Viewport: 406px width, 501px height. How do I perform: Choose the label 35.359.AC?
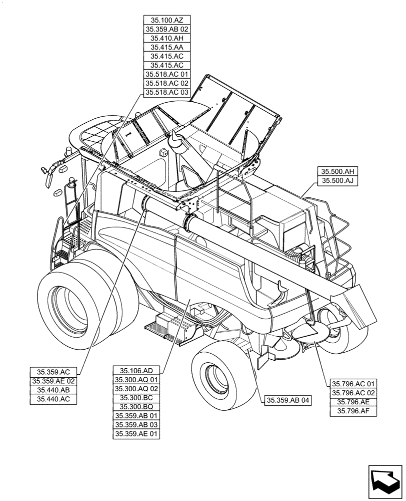pyautogui.click(x=53, y=372)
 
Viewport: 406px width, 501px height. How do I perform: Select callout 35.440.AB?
pyautogui.click(x=53, y=390)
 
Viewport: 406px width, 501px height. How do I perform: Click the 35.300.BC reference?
pyautogui.click(x=136, y=398)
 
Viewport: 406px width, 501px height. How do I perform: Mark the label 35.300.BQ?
pyautogui.click(x=136, y=407)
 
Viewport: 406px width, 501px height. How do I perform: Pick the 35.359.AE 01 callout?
pyautogui.click(x=136, y=434)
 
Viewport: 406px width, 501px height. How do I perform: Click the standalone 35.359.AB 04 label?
pyautogui.click(x=288, y=400)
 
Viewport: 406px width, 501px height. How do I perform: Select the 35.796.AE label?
pyautogui.click(x=353, y=402)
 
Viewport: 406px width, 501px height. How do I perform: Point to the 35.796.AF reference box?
pyautogui.click(x=353, y=411)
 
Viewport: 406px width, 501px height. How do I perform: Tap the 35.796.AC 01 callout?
pyautogui.click(x=353, y=384)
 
